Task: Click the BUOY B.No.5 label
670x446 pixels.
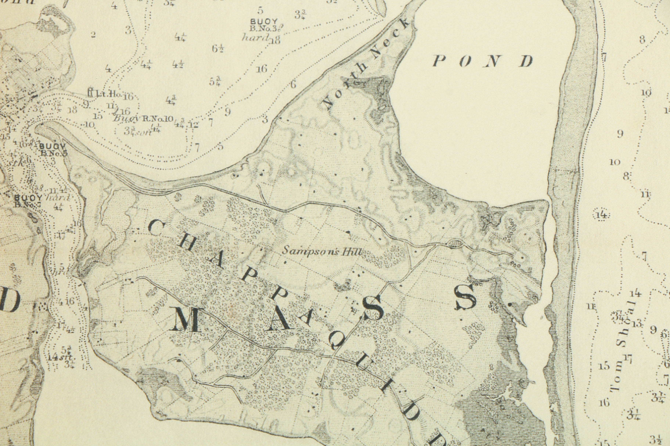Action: [53, 150]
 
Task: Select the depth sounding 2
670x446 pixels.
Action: [93, 35]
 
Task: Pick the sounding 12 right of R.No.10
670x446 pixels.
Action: [194, 125]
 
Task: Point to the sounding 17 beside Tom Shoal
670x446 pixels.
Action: [628, 359]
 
